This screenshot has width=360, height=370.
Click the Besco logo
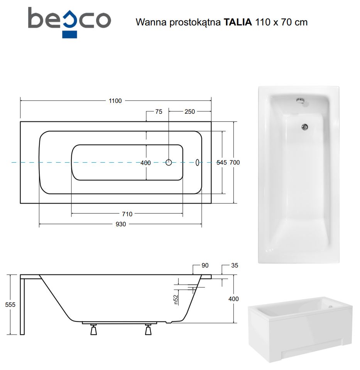pos(69,22)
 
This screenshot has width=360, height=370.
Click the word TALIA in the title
pos(238,22)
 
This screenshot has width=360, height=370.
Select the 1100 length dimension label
pos(115,101)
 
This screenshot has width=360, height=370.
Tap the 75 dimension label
pos(159,112)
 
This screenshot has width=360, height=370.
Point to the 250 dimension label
pos(190,112)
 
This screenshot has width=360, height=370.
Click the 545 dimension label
pos(221,162)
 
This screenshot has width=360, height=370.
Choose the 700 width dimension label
pos(235,162)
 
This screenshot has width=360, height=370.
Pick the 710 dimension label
pos(127,214)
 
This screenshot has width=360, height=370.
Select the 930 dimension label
pos(121,224)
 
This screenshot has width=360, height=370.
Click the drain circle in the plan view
pos(169,162)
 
